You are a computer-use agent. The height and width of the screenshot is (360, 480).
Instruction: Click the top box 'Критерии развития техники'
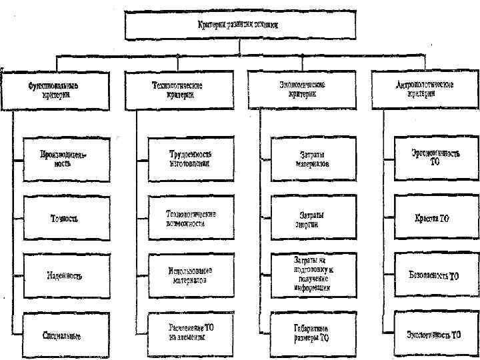[x=239, y=25]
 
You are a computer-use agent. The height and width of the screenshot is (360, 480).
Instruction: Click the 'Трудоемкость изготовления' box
[x=191, y=159]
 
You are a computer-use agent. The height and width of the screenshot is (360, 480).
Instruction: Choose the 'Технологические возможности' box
[x=191, y=217]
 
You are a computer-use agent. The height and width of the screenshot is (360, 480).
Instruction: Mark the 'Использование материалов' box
[x=191, y=275]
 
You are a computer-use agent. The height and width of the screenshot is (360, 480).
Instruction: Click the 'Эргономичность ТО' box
[x=434, y=159]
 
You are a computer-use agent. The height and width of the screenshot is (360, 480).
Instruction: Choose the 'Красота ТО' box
[x=434, y=217]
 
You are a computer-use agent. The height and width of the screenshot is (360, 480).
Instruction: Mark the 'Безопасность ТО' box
[x=434, y=275]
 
